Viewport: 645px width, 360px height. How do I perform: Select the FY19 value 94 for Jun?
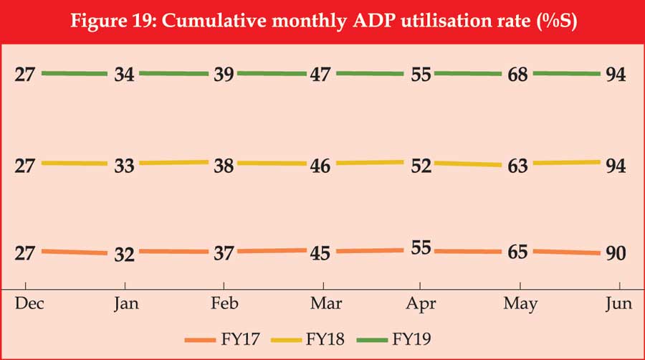(x=616, y=75)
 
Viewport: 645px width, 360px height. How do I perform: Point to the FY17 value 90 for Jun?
(x=616, y=254)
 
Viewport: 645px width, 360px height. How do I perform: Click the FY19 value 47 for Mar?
(x=319, y=75)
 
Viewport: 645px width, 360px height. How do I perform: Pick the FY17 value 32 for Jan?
(x=125, y=254)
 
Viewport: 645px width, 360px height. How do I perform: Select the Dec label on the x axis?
(x=29, y=304)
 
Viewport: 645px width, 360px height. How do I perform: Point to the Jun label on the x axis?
(x=618, y=304)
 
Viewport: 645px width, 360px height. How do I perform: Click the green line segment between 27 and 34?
(x=75, y=73)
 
